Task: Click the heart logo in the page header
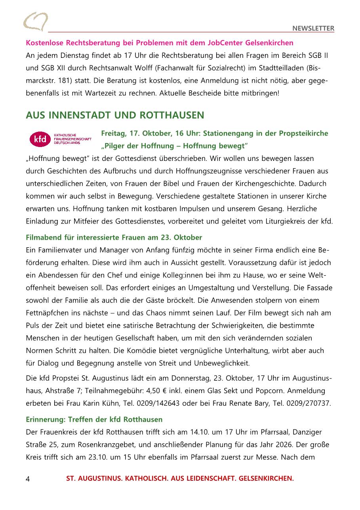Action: (36, 21)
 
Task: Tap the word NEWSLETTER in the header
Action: (313, 28)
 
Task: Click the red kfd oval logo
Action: (40, 139)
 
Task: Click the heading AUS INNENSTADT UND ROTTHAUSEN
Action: (115, 115)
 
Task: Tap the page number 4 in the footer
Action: (28, 479)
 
